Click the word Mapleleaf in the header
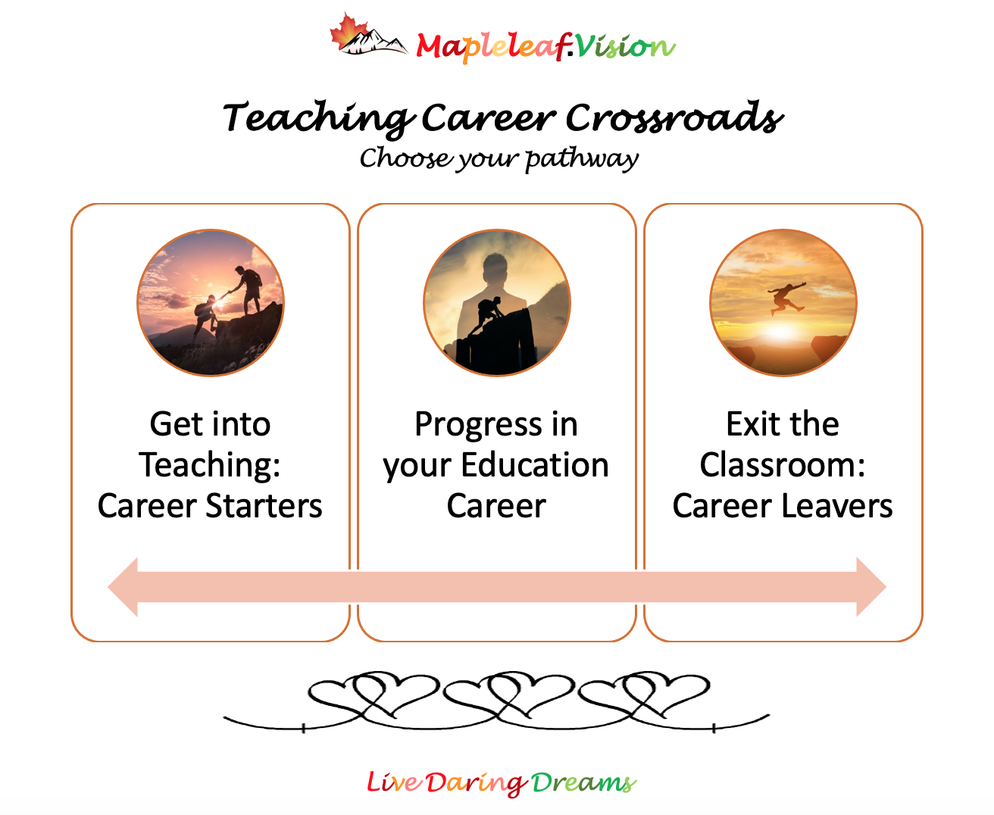click(x=490, y=47)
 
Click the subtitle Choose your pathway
click(x=499, y=159)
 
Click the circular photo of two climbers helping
click(x=211, y=303)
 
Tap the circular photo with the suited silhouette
click(x=496, y=303)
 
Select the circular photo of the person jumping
click(x=783, y=303)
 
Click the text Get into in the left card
click(x=210, y=424)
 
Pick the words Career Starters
click(x=210, y=506)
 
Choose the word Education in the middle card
click(x=535, y=465)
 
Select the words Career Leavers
click(x=783, y=506)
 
